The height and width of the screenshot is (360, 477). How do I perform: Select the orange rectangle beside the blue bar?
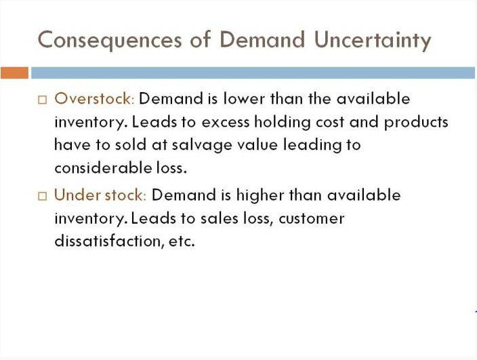[x=14, y=73]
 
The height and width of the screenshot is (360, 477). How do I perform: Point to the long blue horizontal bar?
[x=253, y=73]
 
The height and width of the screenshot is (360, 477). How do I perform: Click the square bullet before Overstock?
[x=43, y=100]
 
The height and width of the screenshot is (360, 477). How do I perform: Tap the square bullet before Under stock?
[x=43, y=196]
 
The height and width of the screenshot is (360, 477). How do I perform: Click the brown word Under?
[x=77, y=195]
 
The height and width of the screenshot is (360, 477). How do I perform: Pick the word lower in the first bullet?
[x=244, y=99]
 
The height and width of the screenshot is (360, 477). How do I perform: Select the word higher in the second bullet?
[x=260, y=196]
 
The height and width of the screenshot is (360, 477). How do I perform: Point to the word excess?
[x=226, y=123]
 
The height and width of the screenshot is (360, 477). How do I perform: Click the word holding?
[x=283, y=123]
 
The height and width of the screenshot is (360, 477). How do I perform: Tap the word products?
[x=416, y=123]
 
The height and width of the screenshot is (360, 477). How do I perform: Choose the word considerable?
[x=103, y=167]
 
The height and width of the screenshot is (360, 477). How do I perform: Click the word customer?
[x=312, y=219]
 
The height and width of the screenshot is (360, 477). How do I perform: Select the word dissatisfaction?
[x=107, y=241]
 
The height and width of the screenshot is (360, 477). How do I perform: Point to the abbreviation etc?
[x=182, y=241]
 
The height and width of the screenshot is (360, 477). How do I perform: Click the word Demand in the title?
[x=262, y=39]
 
